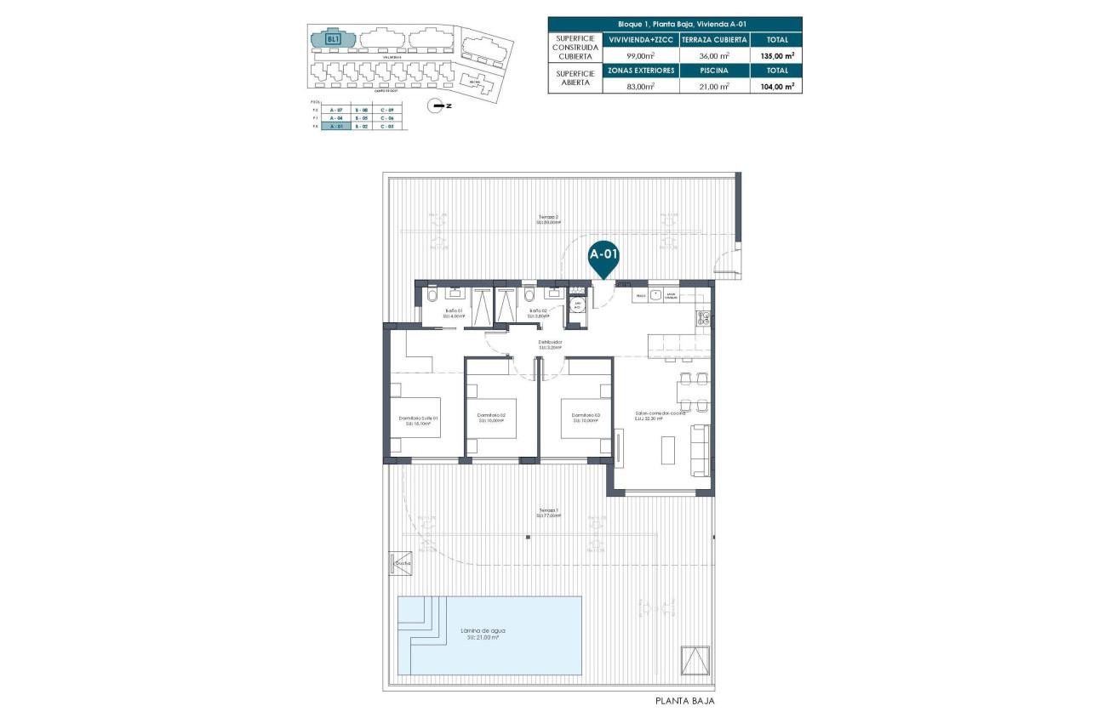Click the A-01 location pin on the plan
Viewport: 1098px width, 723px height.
click(x=603, y=255)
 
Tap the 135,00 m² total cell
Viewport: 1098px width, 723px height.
click(x=776, y=55)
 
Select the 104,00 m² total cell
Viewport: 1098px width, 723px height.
click(x=776, y=86)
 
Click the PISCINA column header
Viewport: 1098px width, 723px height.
click(x=713, y=71)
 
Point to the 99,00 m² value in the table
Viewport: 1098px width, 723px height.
click(x=640, y=55)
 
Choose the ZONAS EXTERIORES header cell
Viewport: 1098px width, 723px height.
click(x=640, y=71)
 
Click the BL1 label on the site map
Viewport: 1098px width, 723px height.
click(x=334, y=39)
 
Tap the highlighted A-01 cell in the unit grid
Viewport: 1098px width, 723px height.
click(x=335, y=126)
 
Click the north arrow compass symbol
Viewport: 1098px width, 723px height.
click(x=437, y=105)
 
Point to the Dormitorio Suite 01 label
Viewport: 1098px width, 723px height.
click(x=418, y=418)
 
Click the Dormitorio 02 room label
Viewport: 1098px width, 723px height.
click(x=492, y=416)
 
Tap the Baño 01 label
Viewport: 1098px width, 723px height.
click(x=455, y=311)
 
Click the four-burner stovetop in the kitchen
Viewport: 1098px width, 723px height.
click(x=704, y=318)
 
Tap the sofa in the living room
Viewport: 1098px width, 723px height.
click(x=700, y=450)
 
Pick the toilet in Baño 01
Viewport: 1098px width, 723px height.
click(x=432, y=295)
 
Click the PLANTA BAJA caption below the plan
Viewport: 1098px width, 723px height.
click(x=684, y=702)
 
